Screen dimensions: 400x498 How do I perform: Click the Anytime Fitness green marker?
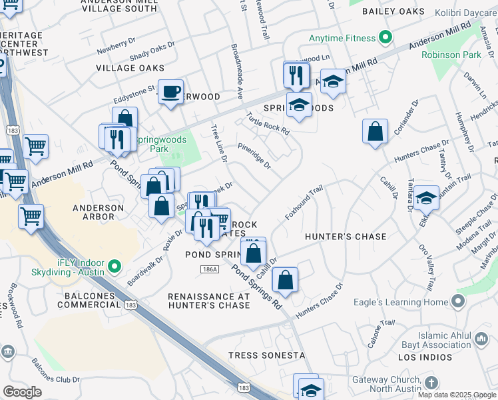tap(384, 37)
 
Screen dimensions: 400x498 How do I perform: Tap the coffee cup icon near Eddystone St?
tap(171, 91)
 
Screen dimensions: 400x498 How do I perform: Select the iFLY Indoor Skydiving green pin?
tap(115, 267)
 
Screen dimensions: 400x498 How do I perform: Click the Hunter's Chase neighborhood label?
tap(346, 237)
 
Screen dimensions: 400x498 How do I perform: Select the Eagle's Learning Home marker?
tap(457, 302)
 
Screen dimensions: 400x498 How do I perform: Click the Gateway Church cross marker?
tap(431, 383)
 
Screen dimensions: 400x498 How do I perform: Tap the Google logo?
tap(22, 392)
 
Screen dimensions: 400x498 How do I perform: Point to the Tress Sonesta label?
tap(266, 355)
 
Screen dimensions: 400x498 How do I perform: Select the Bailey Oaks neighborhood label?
tap(393, 12)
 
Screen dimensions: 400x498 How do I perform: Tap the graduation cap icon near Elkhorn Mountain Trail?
tap(426, 198)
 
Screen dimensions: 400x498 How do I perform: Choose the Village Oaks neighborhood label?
tap(130, 68)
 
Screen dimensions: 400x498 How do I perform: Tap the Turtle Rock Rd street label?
tap(268, 123)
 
